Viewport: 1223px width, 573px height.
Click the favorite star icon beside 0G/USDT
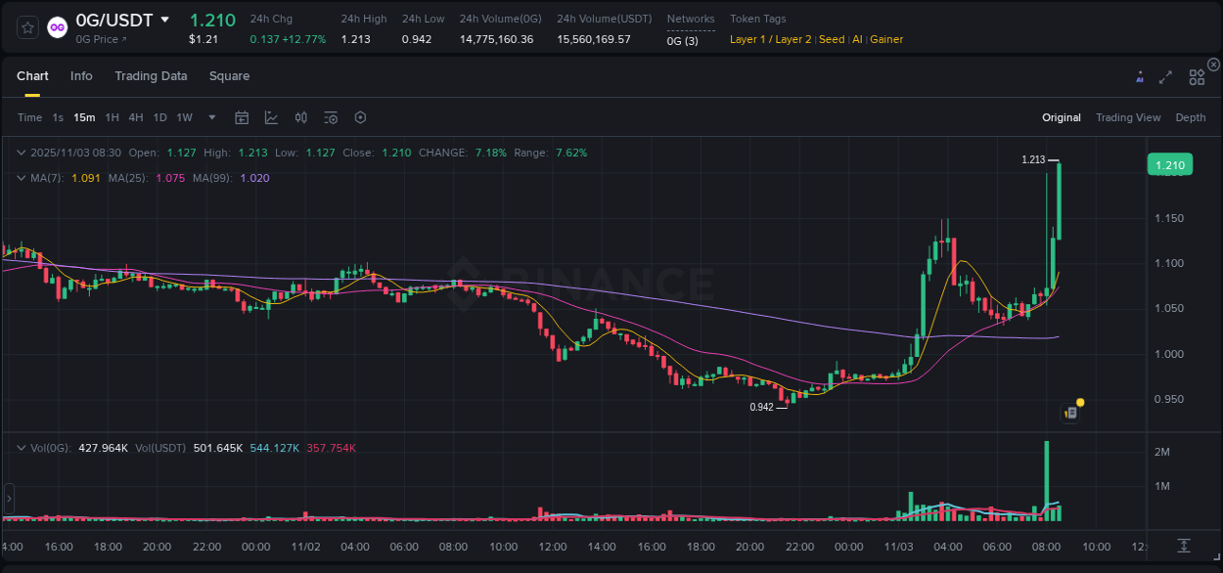(x=28, y=27)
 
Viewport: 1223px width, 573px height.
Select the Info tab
(x=81, y=76)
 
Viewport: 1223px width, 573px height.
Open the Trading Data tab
(x=151, y=76)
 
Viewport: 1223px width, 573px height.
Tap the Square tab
(x=229, y=76)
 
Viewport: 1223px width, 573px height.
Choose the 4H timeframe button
(x=136, y=117)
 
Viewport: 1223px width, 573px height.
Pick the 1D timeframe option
(x=159, y=117)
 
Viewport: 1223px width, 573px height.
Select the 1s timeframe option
(x=58, y=117)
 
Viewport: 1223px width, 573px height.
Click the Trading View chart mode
(x=1127, y=117)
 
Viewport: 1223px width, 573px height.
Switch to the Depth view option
(x=1190, y=117)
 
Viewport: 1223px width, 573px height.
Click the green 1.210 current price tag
(x=1170, y=165)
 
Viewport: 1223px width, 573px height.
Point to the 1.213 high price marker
(x=1033, y=159)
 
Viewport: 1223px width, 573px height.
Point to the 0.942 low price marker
(x=761, y=407)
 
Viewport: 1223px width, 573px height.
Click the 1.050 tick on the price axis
(x=1169, y=308)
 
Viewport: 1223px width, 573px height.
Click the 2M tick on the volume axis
(x=1163, y=452)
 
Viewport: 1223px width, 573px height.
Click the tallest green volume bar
(x=1047, y=479)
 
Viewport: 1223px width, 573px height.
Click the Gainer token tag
(x=886, y=39)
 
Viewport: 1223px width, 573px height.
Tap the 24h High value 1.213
(x=355, y=39)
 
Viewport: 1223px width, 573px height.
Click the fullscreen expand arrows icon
(x=1165, y=77)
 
